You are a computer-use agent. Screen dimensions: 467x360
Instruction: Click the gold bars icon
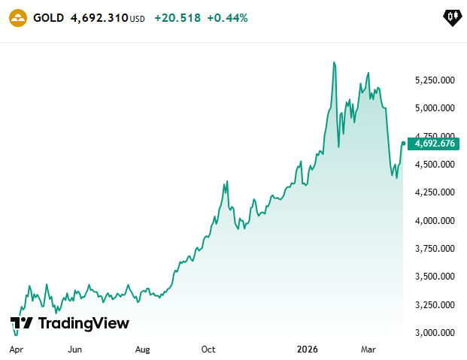pyautogui.click(x=18, y=18)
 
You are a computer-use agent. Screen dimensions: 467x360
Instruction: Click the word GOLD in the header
pyautogui.click(x=49, y=18)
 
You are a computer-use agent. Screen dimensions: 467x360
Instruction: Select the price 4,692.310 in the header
pyautogui.click(x=99, y=18)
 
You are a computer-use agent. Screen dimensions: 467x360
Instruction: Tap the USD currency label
pyautogui.click(x=138, y=19)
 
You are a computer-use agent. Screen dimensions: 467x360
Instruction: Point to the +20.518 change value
pyautogui.click(x=177, y=18)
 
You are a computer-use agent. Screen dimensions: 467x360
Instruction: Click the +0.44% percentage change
pyautogui.click(x=227, y=18)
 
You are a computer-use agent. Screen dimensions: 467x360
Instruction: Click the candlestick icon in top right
pyautogui.click(x=453, y=18)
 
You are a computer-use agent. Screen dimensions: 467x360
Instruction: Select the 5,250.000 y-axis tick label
pyautogui.click(x=435, y=80)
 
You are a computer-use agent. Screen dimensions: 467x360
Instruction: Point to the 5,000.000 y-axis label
pyautogui.click(x=435, y=107)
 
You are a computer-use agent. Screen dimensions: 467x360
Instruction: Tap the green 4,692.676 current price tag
pyautogui.click(x=433, y=144)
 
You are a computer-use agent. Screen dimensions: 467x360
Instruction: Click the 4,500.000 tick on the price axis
pyautogui.click(x=435, y=164)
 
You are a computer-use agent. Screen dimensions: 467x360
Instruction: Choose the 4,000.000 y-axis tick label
pyautogui.click(x=435, y=220)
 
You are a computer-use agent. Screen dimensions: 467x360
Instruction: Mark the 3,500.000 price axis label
pyautogui.click(x=435, y=277)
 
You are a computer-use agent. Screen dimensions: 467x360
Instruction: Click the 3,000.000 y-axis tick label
pyautogui.click(x=435, y=332)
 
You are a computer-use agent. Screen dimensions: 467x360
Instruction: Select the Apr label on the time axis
pyautogui.click(x=16, y=349)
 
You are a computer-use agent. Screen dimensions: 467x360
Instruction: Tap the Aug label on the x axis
pyautogui.click(x=142, y=349)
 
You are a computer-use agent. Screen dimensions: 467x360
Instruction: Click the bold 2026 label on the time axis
pyautogui.click(x=307, y=349)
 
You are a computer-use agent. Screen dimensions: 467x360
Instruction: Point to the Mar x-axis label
pyautogui.click(x=368, y=349)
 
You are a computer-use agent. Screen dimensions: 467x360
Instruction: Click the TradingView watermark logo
pyautogui.click(x=70, y=323)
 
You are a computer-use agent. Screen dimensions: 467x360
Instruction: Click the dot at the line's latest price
pyautogui.click(x=404, y=144)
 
